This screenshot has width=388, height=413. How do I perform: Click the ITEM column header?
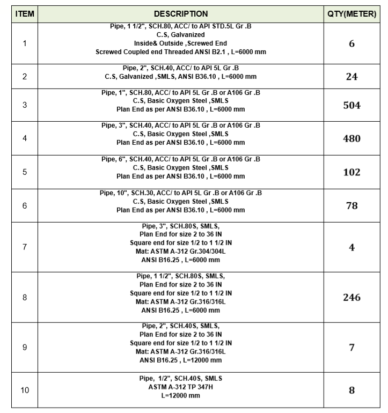(x=25, y=14)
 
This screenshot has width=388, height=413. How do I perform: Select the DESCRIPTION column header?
(x=180, y=14)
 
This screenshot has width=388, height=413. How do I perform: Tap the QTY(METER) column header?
(x=352, y=14)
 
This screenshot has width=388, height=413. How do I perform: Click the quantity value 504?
(x=352, y=105)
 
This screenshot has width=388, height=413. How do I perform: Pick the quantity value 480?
(x=352, y=138)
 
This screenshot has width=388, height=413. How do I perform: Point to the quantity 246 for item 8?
(x=352, y=297)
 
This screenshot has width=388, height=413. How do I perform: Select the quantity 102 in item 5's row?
(x=352, y=172)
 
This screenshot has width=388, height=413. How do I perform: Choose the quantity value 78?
(x=352, y=205)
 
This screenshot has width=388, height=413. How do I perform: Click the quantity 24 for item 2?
(x=352, y=77)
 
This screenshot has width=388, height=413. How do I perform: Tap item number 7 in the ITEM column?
(x=25, y=247)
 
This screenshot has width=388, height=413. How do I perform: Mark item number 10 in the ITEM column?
(x=25, y=390)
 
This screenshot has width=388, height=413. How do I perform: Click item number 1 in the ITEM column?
(x=25, y=43)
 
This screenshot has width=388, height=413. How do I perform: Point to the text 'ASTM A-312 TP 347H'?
(x=180, y=387)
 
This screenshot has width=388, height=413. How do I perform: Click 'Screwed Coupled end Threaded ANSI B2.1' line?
(x=180, y=52)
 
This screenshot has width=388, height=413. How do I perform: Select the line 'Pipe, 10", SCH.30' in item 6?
(x=180, y=193)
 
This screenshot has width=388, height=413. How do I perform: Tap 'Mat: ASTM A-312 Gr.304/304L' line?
(x=180, y=252)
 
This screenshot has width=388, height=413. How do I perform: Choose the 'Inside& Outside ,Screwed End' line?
(x=180, y=43)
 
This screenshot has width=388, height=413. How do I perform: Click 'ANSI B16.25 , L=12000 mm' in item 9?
(x=180, y=360)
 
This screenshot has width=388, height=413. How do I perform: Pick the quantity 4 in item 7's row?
(x=352, y=248)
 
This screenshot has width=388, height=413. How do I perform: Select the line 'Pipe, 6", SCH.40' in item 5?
(x=180, y=159)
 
